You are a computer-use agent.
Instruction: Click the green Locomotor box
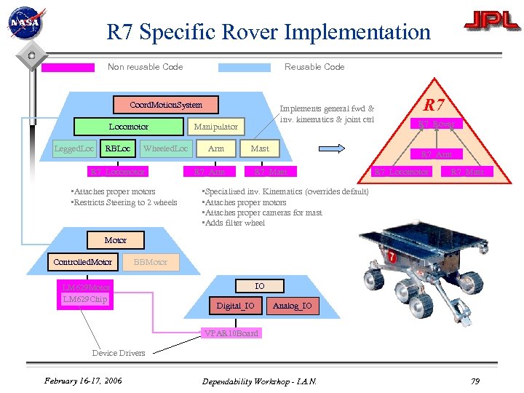click(x=129, y=127)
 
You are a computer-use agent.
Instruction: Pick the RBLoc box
click(x=118, y=148)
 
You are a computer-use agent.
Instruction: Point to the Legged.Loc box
click(x=75, y=148)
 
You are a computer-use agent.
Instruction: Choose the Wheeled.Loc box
click(x=166, y=148)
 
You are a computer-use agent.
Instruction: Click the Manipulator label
click(x=215, y=127)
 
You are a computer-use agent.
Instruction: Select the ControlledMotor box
click(x=83, y=261)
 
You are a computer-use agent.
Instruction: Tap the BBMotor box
click(x=151, y=261)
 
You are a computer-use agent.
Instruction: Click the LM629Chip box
click(x=85, y=299)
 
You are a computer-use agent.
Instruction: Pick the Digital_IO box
click(x=235, y=306)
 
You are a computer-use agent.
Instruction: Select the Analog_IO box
click(x=292, y=306)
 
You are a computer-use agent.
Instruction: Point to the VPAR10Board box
click(x=230, y=333)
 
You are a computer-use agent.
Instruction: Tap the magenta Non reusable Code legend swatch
click(x=68, y=68)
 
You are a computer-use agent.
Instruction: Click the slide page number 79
click(x=475, y=381)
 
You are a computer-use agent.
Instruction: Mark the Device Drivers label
click(x=119, y=353)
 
